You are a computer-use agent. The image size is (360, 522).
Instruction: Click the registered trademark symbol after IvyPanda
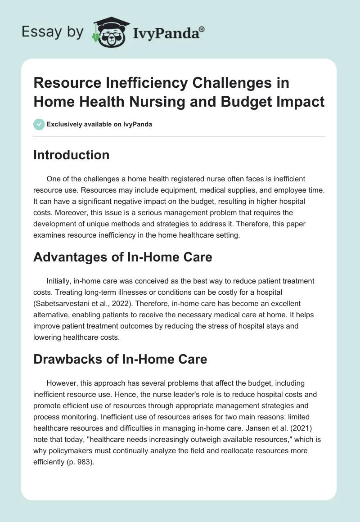(202, 29)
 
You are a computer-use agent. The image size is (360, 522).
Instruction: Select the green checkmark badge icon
(39, 124)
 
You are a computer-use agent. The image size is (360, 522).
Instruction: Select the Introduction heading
(72, 155)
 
